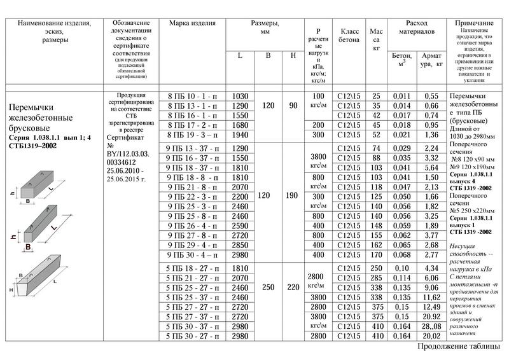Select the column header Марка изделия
[192, 24]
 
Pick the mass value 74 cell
[376, 148]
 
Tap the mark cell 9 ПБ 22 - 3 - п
[192, 197]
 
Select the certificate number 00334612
[125, 163]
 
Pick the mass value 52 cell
[376, 135]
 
